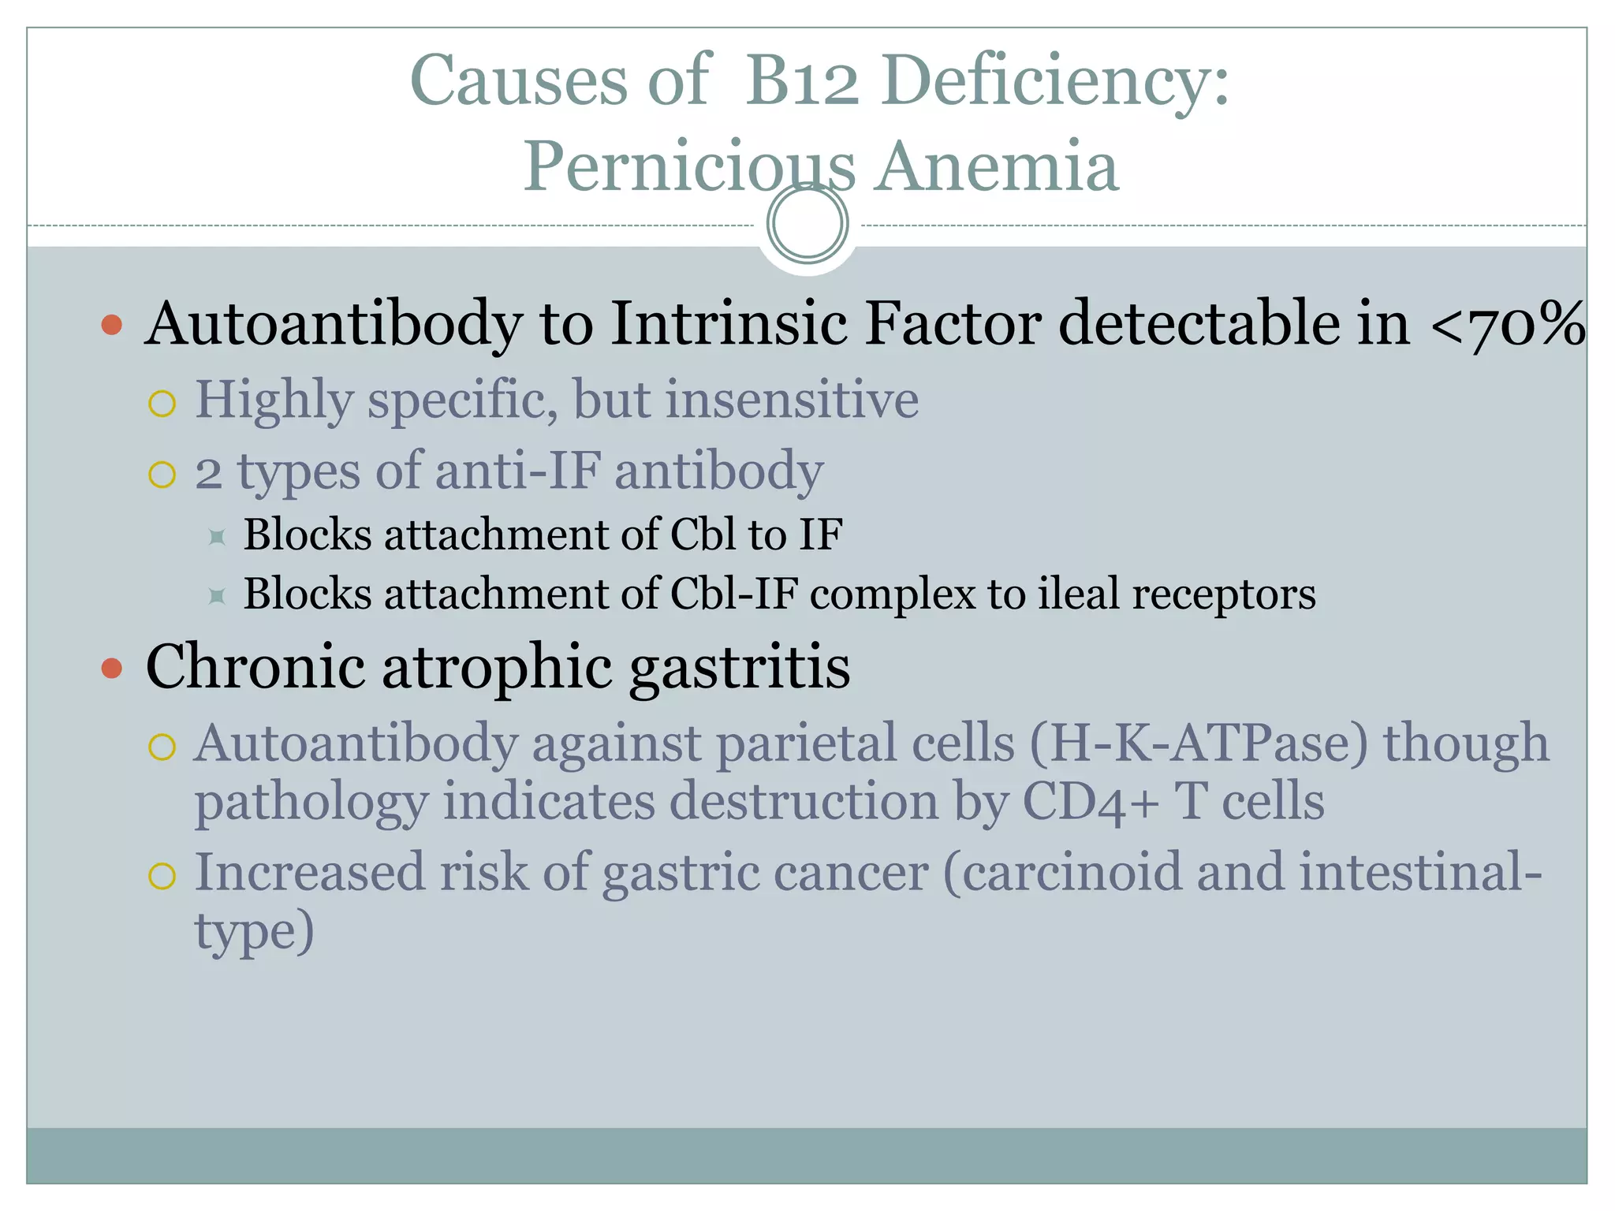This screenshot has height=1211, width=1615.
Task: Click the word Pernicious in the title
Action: [689, 166]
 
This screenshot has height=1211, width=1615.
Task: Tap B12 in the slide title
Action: [802, 80]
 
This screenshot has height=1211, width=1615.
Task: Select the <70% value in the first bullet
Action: [1507, 324]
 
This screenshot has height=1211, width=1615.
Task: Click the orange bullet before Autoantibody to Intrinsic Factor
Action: [112, 325]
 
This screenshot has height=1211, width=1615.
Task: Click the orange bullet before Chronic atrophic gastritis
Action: [112, 669]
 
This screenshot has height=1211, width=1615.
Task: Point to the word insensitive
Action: [792, 400]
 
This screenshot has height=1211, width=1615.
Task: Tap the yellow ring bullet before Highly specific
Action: [162, 404]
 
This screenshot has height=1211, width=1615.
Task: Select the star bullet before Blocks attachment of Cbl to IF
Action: [217, 538]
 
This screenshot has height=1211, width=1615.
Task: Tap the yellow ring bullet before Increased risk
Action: [162, 877]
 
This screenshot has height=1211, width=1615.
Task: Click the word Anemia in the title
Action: [997, 166]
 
